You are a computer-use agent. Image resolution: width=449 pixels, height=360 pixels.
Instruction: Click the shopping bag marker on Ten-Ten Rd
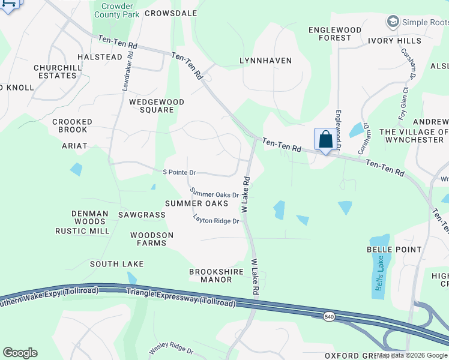pyautogui.click(x=325, y=140)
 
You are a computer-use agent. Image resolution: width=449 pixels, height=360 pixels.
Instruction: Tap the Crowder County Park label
pyautogui.click(x=116, y=9)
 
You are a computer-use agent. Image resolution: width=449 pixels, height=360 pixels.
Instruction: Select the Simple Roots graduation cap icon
pyautogui.click(x=393, y=22)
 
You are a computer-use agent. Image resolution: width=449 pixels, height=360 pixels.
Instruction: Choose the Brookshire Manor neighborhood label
pyautogui.click(x=216, y=275)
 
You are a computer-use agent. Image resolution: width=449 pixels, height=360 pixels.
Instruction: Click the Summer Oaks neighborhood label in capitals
pyautogui.click(x=196, y=203)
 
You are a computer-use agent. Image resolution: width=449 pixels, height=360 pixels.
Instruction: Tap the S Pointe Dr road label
pyautogui.click(x=179, y=172)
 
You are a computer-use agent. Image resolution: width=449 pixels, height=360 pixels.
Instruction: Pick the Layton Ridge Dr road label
pyautogui.click(x=216, y=221)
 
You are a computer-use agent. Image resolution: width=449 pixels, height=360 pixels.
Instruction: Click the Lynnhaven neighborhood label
pyautogui.click(x=265, y=61)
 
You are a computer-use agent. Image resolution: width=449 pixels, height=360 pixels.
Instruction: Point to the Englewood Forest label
pyautogui.click(x=335, y=34)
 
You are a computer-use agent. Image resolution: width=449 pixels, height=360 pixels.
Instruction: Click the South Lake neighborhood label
pyautogui.click(x=117, y=264)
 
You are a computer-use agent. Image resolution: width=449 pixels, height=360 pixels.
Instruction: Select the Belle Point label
pyautogui.click(x=394, y=249)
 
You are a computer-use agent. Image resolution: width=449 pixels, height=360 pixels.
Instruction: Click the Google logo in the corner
pyautogui.click(x=20, y=353)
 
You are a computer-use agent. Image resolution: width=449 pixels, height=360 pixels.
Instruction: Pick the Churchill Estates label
pyautogui.click(x=58, y=71)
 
